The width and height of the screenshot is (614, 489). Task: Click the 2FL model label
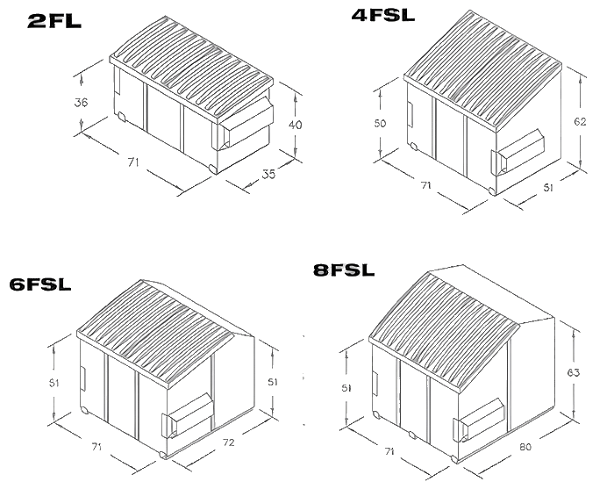click(x=54, y=21)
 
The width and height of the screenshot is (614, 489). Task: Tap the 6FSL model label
click(x=40, y=284)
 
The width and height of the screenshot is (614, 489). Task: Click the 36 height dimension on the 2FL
click(x=81, y=103)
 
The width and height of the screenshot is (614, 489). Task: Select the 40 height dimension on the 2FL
click(x=295, y=126)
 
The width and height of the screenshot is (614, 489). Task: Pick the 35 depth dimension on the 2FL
click(x=268, y=176)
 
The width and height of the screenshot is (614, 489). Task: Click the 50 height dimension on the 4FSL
click(x=379, y=124)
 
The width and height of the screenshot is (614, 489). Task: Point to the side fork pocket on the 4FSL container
click(x=518, y=152)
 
